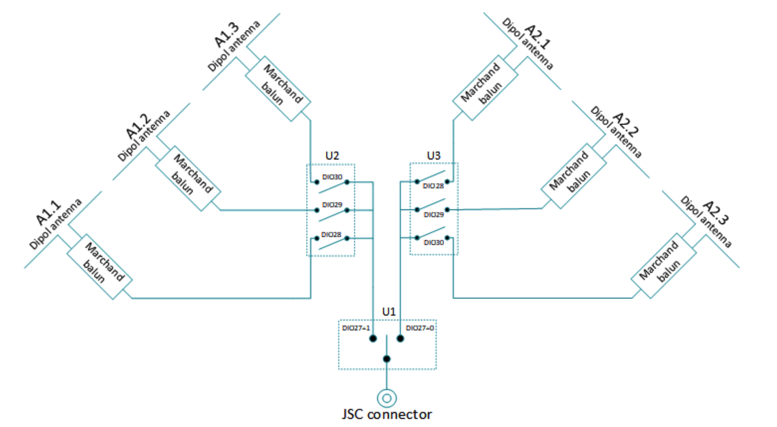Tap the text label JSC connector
(x=387, y=415)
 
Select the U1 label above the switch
(x=388, y=312)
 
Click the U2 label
(x=332, y=155)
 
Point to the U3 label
(x=433, y=155)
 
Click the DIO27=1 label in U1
(x=356, y=328)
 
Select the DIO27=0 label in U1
(x=420, y=328)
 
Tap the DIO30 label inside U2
(x=332, y=177)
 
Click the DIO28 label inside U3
(x=433, y=186)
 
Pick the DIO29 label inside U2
(x=332, y=205)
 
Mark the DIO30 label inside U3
(x=434, y=243)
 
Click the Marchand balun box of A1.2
(x=188, y=178)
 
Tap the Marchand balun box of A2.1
(x=485, y=88)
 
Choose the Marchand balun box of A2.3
(x=663, y=266)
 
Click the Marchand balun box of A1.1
(x=100, y=266)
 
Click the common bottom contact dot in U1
(x=387, y=359)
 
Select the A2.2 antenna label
(x=626, y=125)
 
